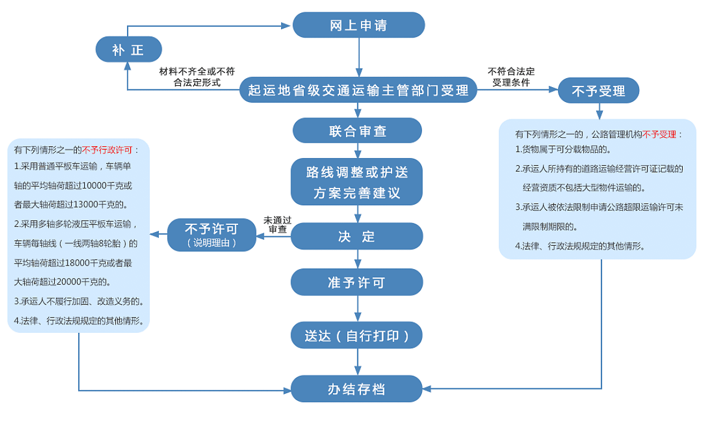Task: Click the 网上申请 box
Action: pos(358,26)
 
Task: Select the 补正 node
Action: pos(128,50)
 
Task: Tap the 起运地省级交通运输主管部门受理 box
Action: pos(358,91)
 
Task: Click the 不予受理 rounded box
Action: pos(599,91)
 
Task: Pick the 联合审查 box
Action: pos(357,131)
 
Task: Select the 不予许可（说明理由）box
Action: pos(212,235)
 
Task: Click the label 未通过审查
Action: pos(277,225)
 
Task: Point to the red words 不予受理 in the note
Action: pos(659,134)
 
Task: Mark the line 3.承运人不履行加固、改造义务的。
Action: pos(78,301)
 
